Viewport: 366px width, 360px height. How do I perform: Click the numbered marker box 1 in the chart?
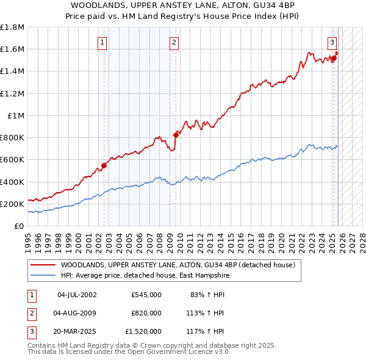coord(101,42)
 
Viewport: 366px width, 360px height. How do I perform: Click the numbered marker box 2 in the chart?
coord(174,42)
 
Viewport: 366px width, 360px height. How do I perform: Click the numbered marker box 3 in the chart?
coord(332,42)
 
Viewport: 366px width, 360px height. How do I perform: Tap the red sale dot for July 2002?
coord(104,165)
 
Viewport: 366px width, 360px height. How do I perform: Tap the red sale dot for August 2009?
coord(176,135)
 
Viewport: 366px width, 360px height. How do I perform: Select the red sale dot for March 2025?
coord(334,58)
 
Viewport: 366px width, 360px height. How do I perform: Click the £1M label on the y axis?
coord(16,116)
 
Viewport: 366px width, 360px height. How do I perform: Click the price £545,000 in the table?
coord(146,295)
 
